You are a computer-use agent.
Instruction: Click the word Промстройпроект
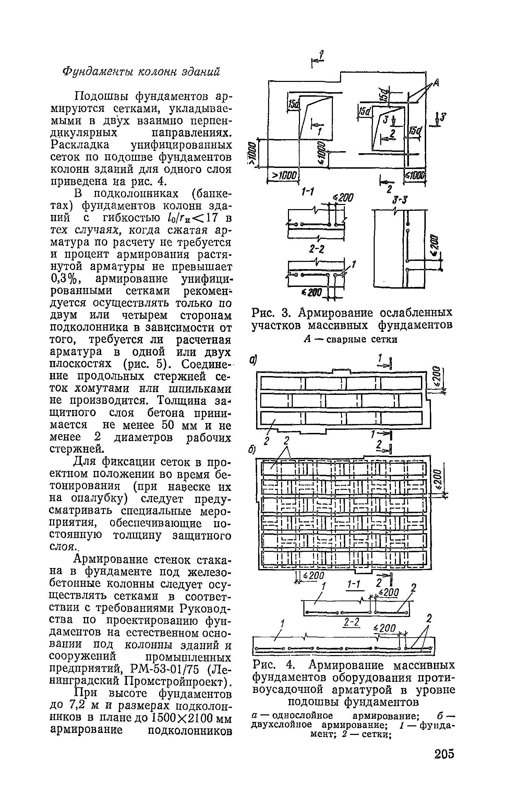[174, 680]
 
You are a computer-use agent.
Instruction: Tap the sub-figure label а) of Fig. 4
[253, 360]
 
